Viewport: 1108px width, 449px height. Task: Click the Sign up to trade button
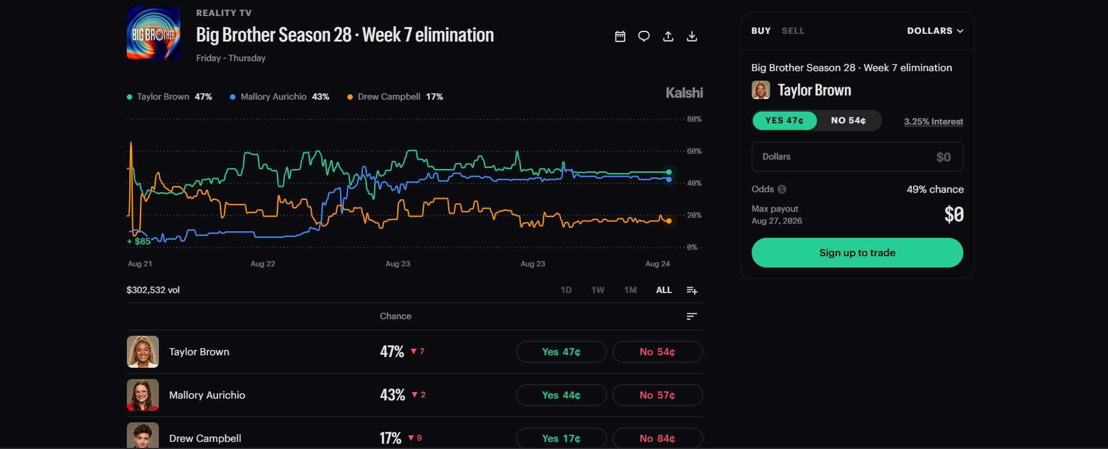point(857,253)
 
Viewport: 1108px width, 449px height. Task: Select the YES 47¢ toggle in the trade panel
point(784,120)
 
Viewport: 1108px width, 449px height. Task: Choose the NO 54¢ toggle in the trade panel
point(848,120)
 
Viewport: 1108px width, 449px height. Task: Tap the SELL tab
point(793,31)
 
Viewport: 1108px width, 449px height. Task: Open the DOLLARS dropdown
point(935,31)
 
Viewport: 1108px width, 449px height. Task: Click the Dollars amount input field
point(857,157)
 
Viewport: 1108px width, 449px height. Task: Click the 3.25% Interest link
point(934,122)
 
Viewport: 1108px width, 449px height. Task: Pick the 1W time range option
point(598,290)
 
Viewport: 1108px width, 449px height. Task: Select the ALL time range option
point(664,290)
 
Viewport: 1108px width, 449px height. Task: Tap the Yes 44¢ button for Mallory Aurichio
point(561,395)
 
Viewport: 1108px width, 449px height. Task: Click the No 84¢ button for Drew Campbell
point(657,438)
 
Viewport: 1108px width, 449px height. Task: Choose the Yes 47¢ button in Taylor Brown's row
point(561,352)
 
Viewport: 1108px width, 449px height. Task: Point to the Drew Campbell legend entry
point(395,97)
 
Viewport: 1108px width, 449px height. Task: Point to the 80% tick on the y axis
point(694,119)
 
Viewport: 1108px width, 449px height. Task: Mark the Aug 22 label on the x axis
point(263,264)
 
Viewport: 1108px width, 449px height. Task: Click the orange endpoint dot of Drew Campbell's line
point(669,221)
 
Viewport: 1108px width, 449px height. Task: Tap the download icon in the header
point(692,36)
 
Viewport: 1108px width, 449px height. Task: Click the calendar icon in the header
point(620,36)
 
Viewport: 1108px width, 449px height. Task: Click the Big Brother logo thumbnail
point(154,33)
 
